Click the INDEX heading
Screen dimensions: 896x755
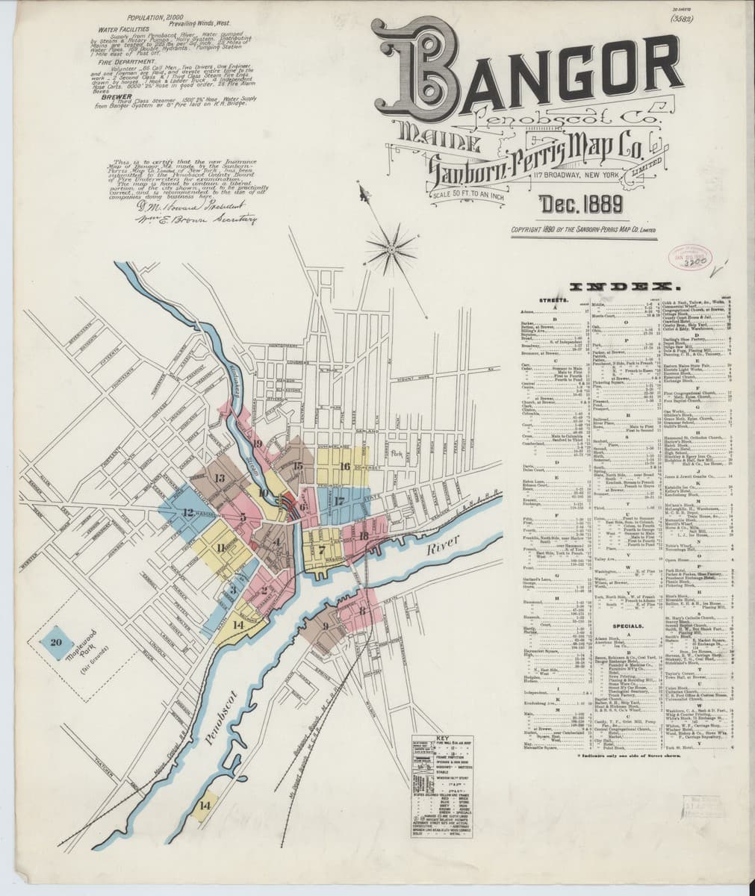click(x=624, y=287)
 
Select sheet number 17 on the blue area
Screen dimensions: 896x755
click(x=339, y=500)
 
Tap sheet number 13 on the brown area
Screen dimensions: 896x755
click(x=220, y=479)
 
